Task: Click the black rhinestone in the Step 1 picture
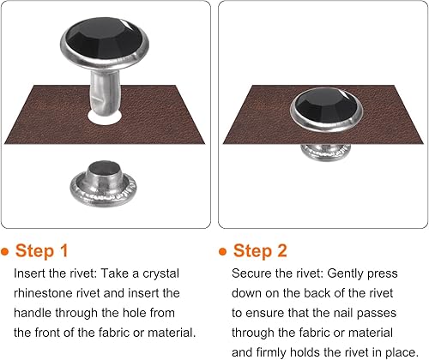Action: coord(104,39)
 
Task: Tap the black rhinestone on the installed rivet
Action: coord(326,105)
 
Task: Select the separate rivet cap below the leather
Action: coord(103,183)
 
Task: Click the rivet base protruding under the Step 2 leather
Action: coord(326,153)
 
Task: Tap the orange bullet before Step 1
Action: coord(5,252)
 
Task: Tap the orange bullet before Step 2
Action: coord(222,252)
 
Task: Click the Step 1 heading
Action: coord(42,251)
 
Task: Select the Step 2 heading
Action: coord(260,251)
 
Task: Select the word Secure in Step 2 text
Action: coord(251,273)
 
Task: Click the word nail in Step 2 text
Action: coord(344,313)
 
